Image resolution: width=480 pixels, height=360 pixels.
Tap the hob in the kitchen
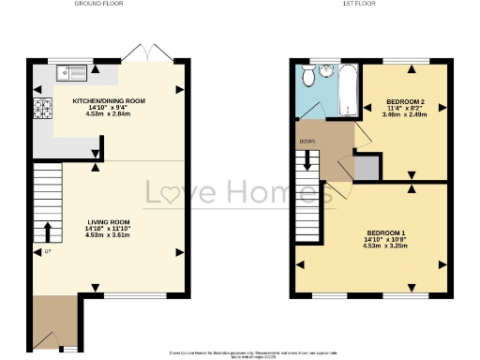click(x=41, y=109)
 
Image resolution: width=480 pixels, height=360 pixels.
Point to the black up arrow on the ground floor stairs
click(x=47, y=230)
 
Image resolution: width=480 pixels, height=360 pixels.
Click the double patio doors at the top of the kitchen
click(x=147, y=53)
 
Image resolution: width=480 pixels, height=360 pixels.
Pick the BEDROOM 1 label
click(x=386, y=232)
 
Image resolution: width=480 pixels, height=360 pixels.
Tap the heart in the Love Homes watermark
click(x=176, y=194)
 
